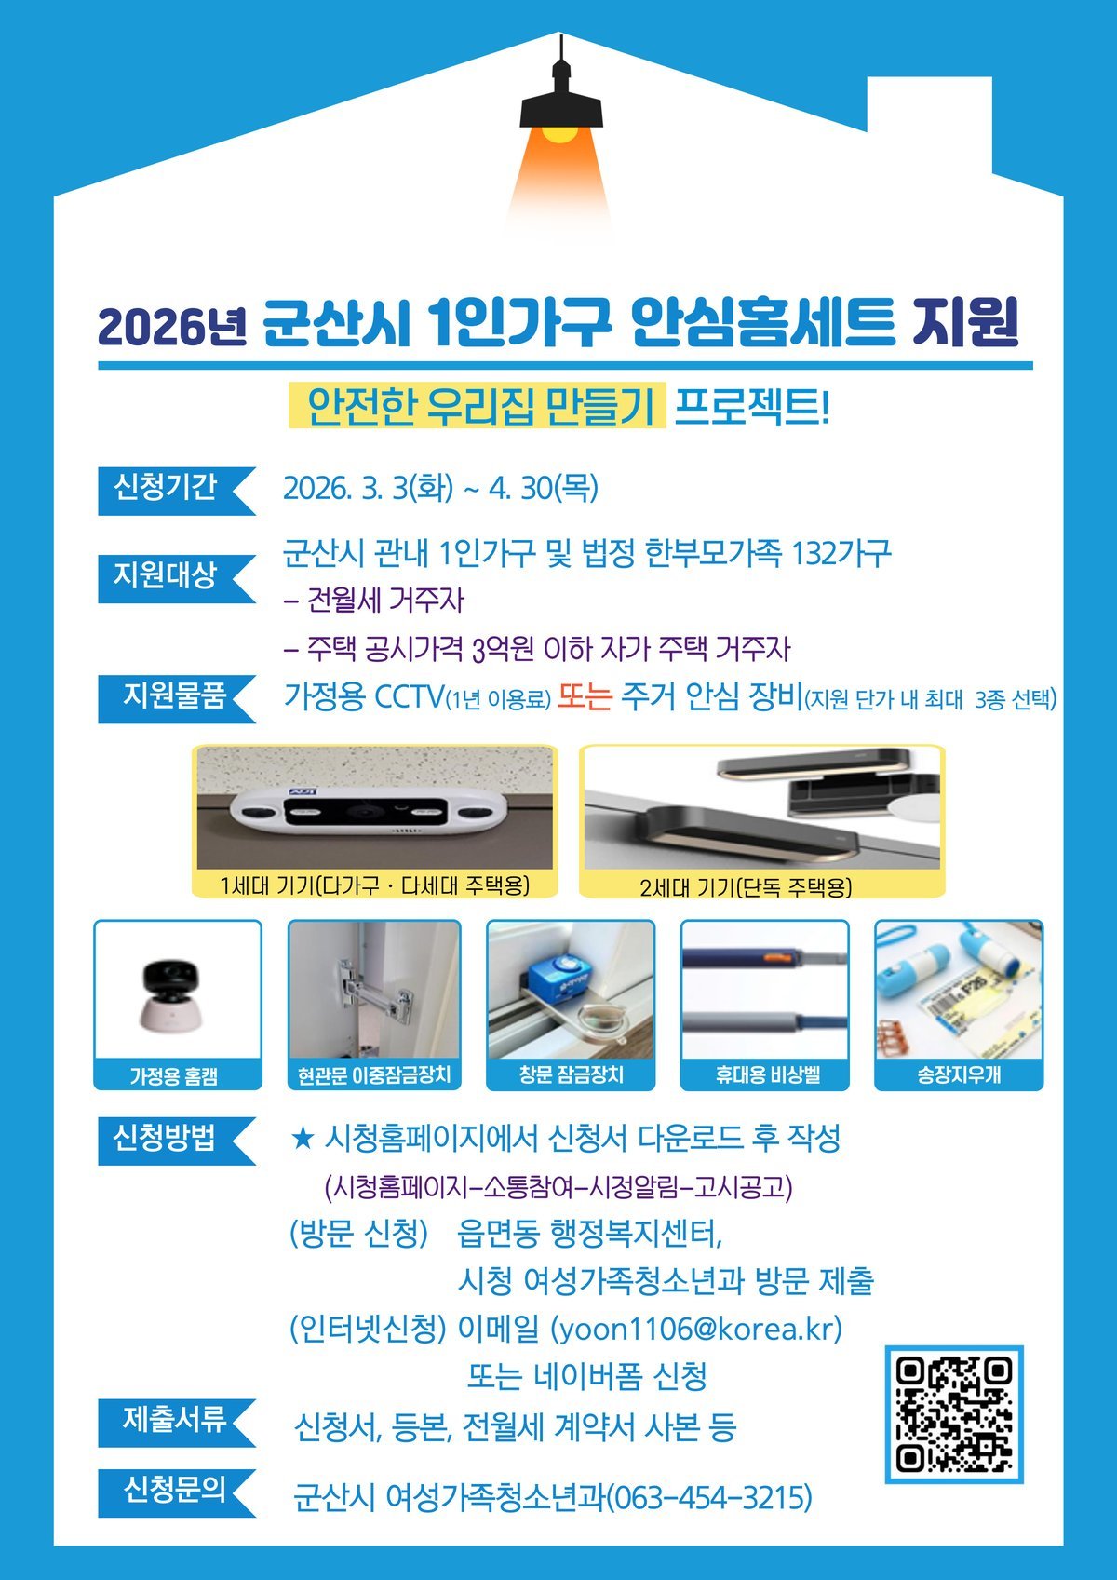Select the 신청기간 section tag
tap(175, 491)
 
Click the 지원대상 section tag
tap(175, 579)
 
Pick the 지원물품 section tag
tap(175, 699)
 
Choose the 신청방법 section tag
tap(175, 1141)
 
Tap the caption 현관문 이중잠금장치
tap(374, 1076)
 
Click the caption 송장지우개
tap(959, 1075)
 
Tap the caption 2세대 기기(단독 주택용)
tap(746, 886)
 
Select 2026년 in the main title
tap(173, 328)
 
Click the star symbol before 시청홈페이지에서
tap(303, 1139)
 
